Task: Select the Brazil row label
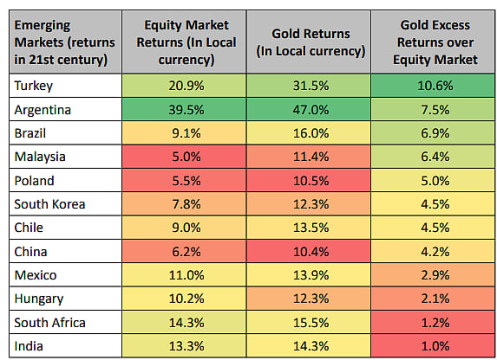click(x=30, y=132)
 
